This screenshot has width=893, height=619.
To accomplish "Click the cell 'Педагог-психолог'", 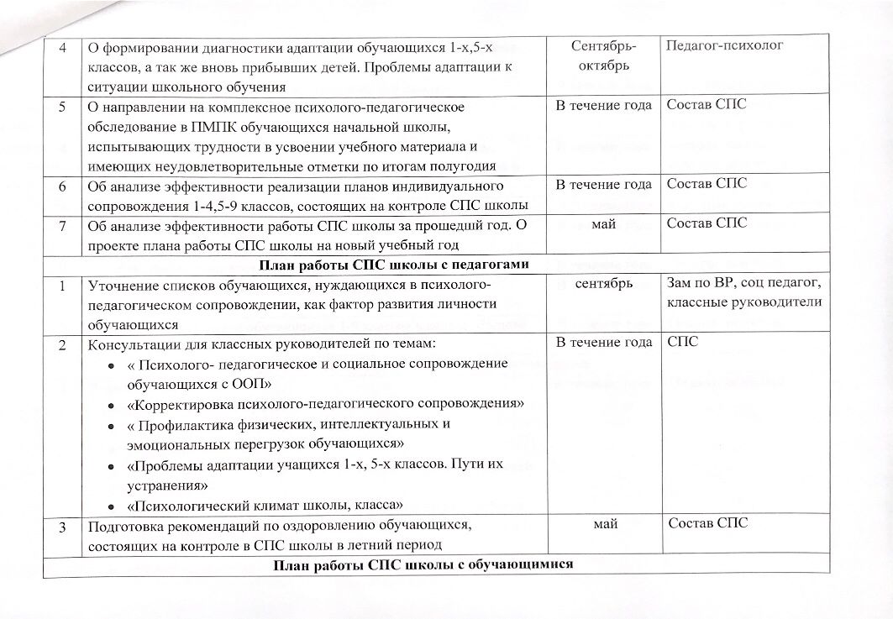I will point(724,45).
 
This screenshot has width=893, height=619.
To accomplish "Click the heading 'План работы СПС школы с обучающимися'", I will point(423,564).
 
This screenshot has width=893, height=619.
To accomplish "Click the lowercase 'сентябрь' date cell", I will point(604,284).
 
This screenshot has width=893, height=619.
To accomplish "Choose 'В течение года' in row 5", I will point(603,106).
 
